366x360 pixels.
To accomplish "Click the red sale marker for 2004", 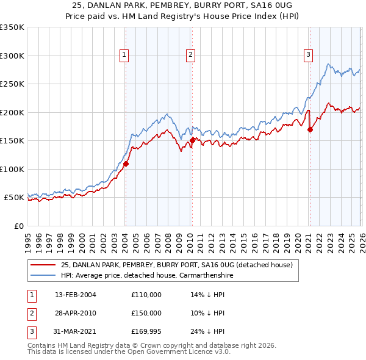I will [x=126, y=164].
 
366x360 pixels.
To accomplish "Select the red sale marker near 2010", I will [x=192, y=140].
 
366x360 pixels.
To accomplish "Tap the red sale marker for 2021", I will [x=310, y=129].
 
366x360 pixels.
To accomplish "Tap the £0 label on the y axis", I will [x=18, y=226].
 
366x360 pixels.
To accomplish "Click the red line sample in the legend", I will [x=43, y=265].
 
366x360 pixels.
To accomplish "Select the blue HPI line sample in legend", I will [x=43, y=275].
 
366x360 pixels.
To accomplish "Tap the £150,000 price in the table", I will [x=146, y=312].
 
